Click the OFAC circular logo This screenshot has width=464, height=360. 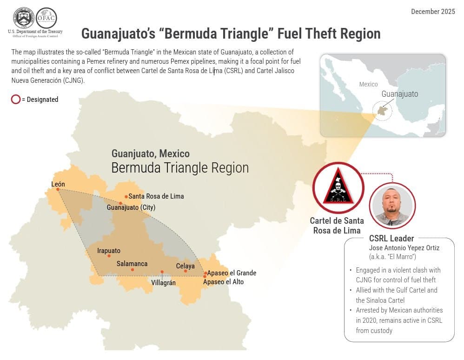click(x=46, y=18)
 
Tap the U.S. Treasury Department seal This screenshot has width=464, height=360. click(x=24, y=18)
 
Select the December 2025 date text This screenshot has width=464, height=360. click(x=432, y=11)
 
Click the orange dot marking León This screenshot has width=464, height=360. click(x=58, y=189)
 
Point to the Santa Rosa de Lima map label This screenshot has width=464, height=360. click(x=156, y=196)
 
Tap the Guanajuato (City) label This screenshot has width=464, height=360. click(x=131, y=207)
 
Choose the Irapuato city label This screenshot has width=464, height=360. click(x=109, y=251)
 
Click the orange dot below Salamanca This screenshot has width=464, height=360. click(x=133, y=270)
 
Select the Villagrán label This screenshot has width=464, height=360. click(x=164, y=282)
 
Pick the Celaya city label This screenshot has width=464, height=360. click(x=186, y=266)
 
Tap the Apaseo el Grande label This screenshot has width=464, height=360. click(x=232, y=273)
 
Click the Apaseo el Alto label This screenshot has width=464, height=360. click(x=223, y=282)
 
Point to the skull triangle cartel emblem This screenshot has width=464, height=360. click(x=338, y=188)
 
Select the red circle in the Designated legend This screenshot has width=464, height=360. click(x=16, y=99)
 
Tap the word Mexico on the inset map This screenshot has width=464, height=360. click(x=368, y=84)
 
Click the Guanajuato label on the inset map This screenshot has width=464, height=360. click(x=399, y=94)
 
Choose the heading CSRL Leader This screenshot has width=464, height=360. click(x=391, y=239)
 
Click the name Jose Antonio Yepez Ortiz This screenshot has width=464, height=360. click(x=404, y=248)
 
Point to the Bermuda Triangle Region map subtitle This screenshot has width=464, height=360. click(x=180, y=168)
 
